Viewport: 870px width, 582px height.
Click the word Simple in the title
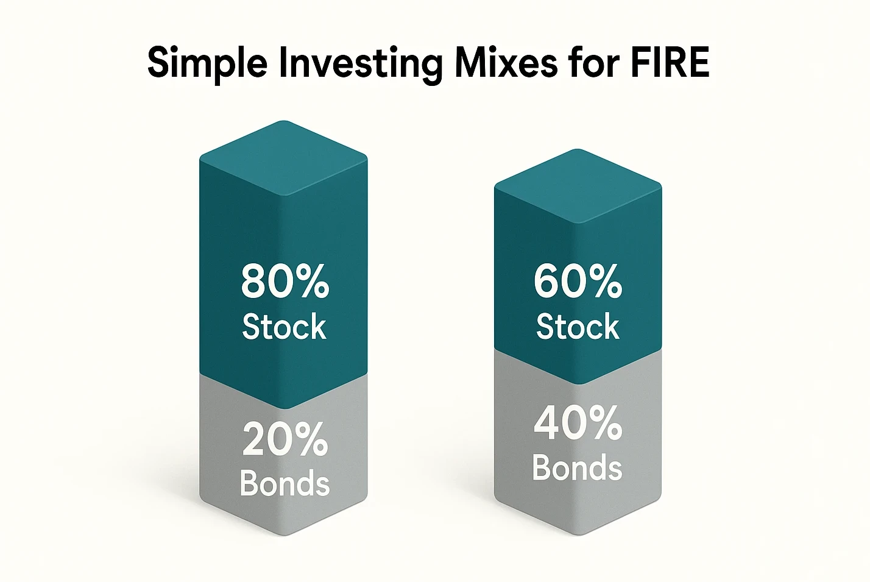click(x=207, y=63)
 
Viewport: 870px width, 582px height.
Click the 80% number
click(x=285, y=282)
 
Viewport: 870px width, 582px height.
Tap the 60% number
click(x=578, y=282)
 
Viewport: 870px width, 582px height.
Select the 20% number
click(x=285, y=439)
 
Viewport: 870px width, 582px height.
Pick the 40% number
click(x=578, y=424)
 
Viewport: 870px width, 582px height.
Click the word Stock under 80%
click(x=284, y=327)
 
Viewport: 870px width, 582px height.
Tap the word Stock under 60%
click(x=578, y=327)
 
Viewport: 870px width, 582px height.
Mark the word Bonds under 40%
click(x=578, y=467)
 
